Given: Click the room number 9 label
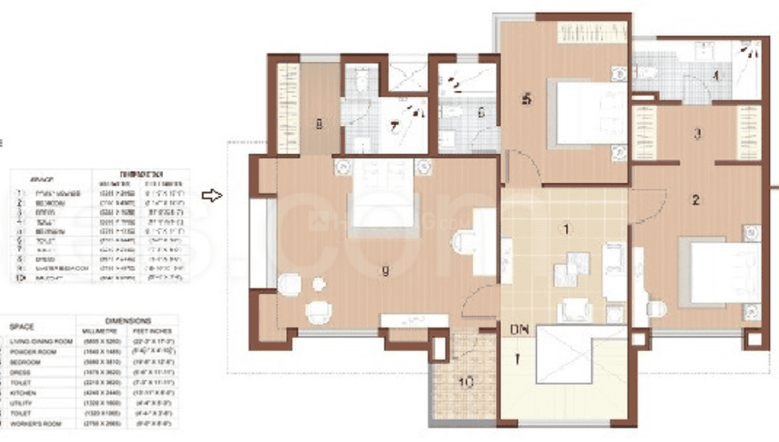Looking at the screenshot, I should pos(384,272).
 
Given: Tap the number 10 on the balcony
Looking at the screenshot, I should pos(466,382).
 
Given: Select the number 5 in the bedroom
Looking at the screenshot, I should pos(527,99).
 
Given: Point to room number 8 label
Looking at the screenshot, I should pos(319,124).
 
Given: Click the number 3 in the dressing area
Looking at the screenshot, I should pos(698,134).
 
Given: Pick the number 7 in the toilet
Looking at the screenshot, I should pos(394,126).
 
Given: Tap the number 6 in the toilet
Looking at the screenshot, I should pos(481,113).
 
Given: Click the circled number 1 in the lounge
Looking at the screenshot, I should pos(566,230).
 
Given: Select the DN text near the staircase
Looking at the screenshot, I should pos(518,330).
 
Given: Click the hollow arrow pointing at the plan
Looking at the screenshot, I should pos(212,195).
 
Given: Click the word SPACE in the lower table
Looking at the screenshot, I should pos(21,326).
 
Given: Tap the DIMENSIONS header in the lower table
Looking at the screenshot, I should pos(128,321).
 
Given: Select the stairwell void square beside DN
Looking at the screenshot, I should pos(563,354).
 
